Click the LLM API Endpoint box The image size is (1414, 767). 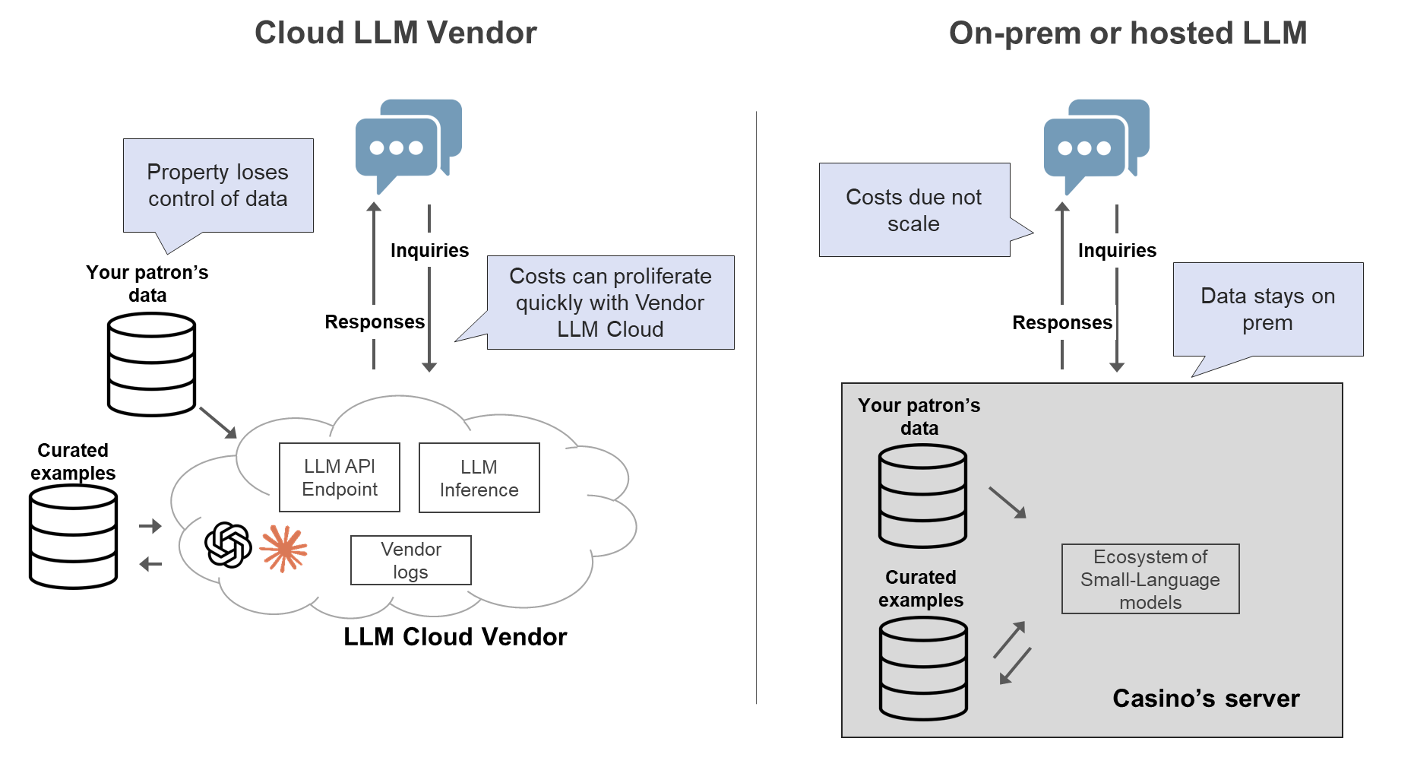[x=339, y=477]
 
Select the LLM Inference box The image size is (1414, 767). [x=479, y=478]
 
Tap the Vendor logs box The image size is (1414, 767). [x=410, y=560]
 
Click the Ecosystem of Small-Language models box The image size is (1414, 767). [x=1150, y=578]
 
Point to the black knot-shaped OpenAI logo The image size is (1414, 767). [x=228, y=545]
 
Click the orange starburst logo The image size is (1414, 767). [x=283, y=548]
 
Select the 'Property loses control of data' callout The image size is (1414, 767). [x=218, y=185]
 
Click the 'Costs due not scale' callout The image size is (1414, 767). [x=914, y=210]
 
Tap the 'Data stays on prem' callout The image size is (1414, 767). [x=1267, y=309]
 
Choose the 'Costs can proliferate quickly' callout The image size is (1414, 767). [x=610, y=303]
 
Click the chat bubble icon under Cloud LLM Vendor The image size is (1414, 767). [x=407, y=142]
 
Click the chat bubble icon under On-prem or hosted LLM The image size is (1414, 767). [x=1095, y=142]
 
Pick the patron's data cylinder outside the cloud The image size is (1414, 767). [x=151, y=365]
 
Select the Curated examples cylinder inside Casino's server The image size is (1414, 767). [x=922, y=668]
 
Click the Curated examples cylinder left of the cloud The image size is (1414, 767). [x=73, y=537]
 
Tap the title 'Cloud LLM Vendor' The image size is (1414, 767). [x=395, y=33]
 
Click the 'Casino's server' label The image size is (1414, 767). [x=1205, y=698]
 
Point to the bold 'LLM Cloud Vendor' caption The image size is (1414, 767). [x=455, y=636]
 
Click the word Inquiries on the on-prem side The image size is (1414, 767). [x=1116, y=250]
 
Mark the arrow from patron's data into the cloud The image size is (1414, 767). [x=218, y=423]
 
